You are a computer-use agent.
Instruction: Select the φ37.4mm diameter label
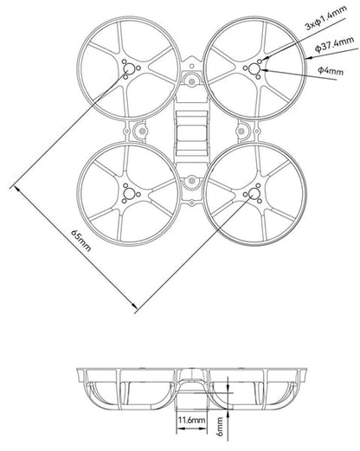335,42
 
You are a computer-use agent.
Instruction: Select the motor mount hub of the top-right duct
257,68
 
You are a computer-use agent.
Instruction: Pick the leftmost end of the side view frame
80,374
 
